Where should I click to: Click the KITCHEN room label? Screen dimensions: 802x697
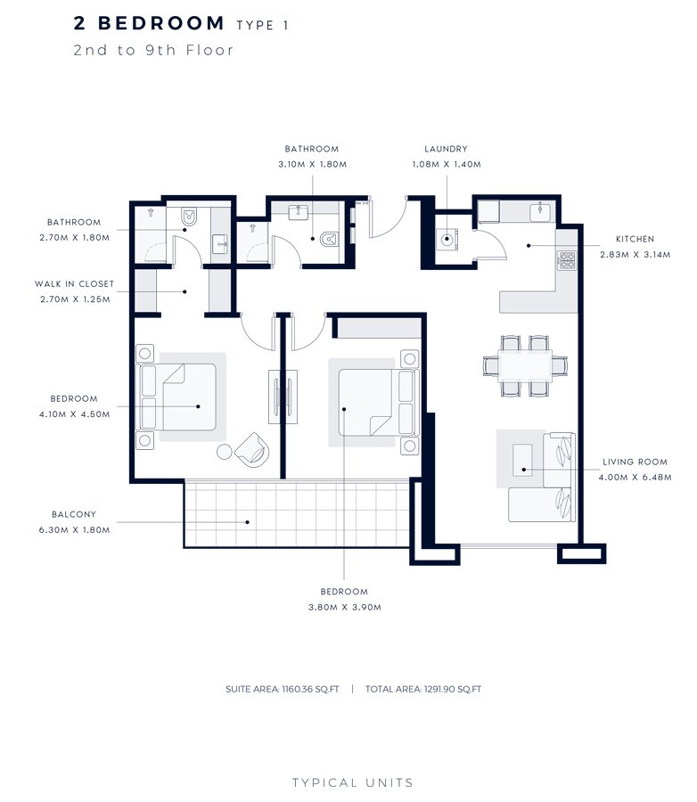click(x=635, y=239)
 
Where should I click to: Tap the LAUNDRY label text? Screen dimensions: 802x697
click(x=446, y=150)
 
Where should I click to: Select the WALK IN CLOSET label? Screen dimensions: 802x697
click(x=75, y=284)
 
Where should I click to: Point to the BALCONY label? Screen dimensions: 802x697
click(x=74, y=514)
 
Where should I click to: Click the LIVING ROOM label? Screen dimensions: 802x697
click(x=635, y=462)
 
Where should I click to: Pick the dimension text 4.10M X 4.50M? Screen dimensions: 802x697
click(x=75, y=413)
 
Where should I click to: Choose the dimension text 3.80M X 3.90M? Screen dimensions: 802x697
click(x=345, y=607)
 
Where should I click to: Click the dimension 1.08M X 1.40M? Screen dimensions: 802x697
click(x=446, y=164)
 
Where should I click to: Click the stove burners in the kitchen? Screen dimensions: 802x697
click(x=566, y=259)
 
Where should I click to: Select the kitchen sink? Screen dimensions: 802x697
click(x=539, y=212)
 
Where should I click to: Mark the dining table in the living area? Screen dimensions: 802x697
click(x=524, y=364)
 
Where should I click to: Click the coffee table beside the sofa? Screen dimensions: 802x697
click(x=522, y=459)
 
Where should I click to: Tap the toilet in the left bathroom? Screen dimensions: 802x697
click(x=189, y=217)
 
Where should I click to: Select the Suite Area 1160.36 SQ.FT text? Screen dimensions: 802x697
click(x=283, y=689)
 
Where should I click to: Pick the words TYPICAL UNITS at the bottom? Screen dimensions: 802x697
click(x=353, y=782)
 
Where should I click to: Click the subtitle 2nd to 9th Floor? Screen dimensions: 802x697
click(x=154, y=50)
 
